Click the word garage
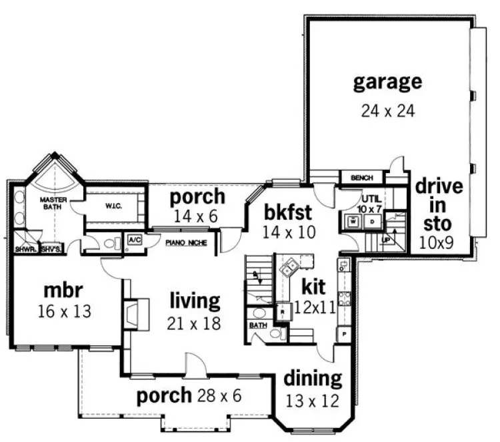[387, 82]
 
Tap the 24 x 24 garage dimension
[388, 110]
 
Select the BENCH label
[362, 178]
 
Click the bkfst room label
[289, 213]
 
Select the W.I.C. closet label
[111, 206]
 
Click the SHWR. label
[25, 250]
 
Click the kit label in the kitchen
[313, 288]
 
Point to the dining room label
[313, 379]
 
